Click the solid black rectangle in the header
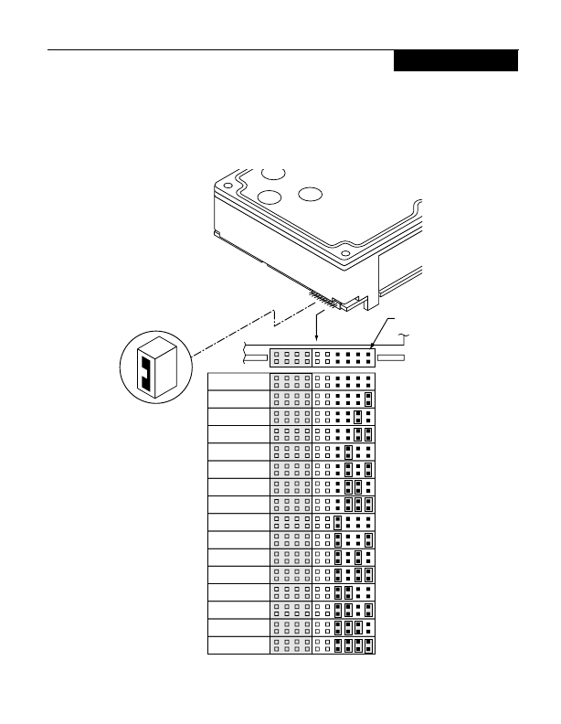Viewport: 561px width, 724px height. click(x=456, y=61)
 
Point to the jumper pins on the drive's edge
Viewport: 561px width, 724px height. click(x=321, y=297)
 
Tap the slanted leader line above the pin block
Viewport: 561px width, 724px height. click(x=383, y=330)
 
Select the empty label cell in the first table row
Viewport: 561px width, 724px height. click(x=238, y=381)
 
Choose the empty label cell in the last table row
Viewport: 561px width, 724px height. click(x=238, y=646)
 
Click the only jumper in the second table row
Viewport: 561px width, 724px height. click(x=368, y=399)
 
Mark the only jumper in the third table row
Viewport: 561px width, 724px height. click(x=358, y=417)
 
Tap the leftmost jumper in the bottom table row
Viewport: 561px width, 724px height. click(x=337, y=646)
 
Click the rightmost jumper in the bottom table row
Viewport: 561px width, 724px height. click(x=368, y=646)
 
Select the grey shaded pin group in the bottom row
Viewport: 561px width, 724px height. click(x=291, y=646)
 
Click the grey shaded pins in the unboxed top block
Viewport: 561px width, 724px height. click(x=291, y=357)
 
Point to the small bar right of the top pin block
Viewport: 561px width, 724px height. click(x=397, y=357)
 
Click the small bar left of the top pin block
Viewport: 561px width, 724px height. click(x=256, y=357)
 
